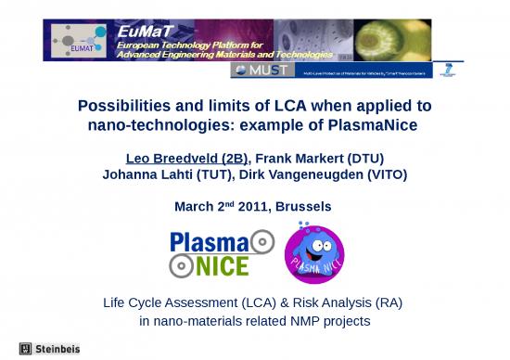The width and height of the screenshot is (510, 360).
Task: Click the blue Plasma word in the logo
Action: click(x=210, y=243)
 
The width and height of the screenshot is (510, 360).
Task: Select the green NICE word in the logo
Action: click(x=222, y=266)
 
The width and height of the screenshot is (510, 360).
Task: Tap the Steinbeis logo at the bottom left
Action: click(x=50, y=349)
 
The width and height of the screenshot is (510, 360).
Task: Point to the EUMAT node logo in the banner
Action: click(x=75, y=42)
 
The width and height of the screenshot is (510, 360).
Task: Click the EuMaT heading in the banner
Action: click(x=138, y=31)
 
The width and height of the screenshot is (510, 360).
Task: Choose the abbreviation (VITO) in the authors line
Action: click(x=386, y=174)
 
